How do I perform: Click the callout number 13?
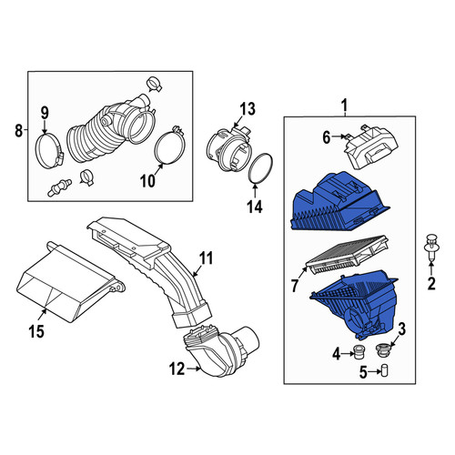coord(248,109)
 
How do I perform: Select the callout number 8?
coord(18,131)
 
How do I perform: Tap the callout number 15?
coord(36,331)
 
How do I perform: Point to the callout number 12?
coord(177,369)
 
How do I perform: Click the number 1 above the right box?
coord(345,106)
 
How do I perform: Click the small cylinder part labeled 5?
coord(385,370)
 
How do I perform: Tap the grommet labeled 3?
coord(383,350)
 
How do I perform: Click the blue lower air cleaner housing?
coord(356,305)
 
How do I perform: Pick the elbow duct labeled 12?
coord(220,351)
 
